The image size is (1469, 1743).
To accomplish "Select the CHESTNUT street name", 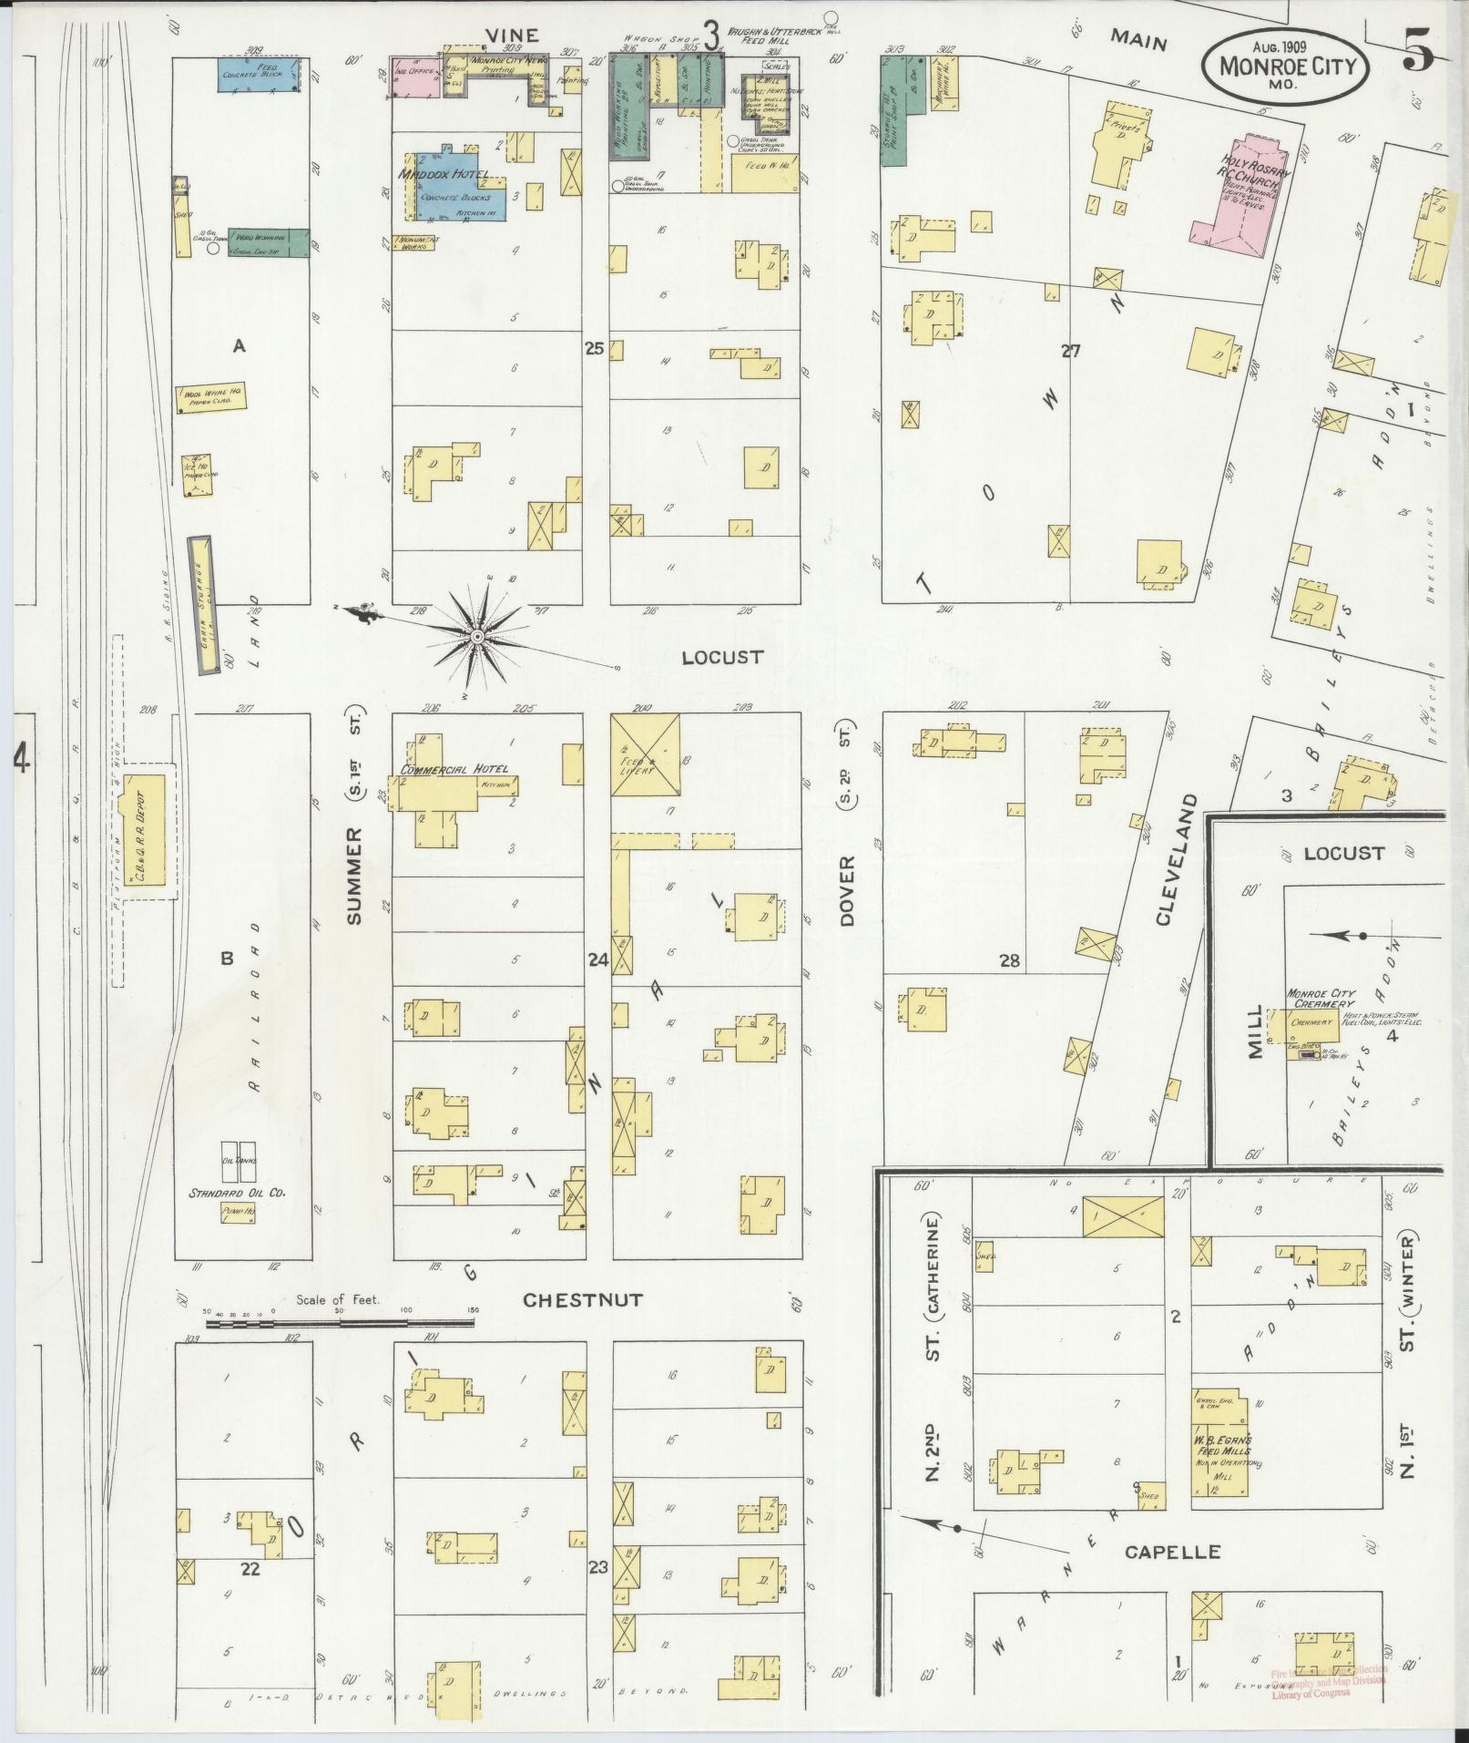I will point(583,1300).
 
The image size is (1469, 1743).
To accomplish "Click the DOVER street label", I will point(848,890).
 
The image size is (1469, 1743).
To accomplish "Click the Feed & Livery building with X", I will point(645,754).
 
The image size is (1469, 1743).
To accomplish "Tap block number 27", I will point(1070,350).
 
